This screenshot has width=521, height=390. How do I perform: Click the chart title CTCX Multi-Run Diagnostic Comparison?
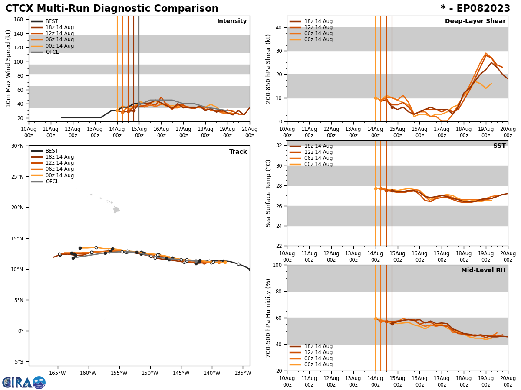coord(112,9)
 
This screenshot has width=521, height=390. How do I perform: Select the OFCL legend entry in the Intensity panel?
coord(52,52)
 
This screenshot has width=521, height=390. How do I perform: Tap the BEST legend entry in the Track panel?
coord(52,151)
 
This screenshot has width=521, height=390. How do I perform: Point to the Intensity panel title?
coord(232,21)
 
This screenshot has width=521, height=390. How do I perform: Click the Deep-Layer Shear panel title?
coord(475,21)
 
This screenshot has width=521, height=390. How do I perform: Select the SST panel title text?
coord(499,146)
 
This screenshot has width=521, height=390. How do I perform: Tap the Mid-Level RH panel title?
coord(483,270)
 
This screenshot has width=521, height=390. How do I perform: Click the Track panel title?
coord(238,152)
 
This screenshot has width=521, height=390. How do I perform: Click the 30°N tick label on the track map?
coord(17,146)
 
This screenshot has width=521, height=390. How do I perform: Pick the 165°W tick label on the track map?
coord(57,373)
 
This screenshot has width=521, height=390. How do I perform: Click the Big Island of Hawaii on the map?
coord(116,210)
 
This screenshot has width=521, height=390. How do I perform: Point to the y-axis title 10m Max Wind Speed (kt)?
coord(9,68)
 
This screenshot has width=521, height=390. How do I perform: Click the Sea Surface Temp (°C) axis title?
coord(269,193)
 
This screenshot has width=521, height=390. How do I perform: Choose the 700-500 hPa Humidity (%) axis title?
coord(269,318)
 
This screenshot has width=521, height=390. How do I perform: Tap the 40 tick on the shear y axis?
coord(278,27)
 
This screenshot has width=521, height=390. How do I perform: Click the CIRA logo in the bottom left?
coord(23,383)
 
